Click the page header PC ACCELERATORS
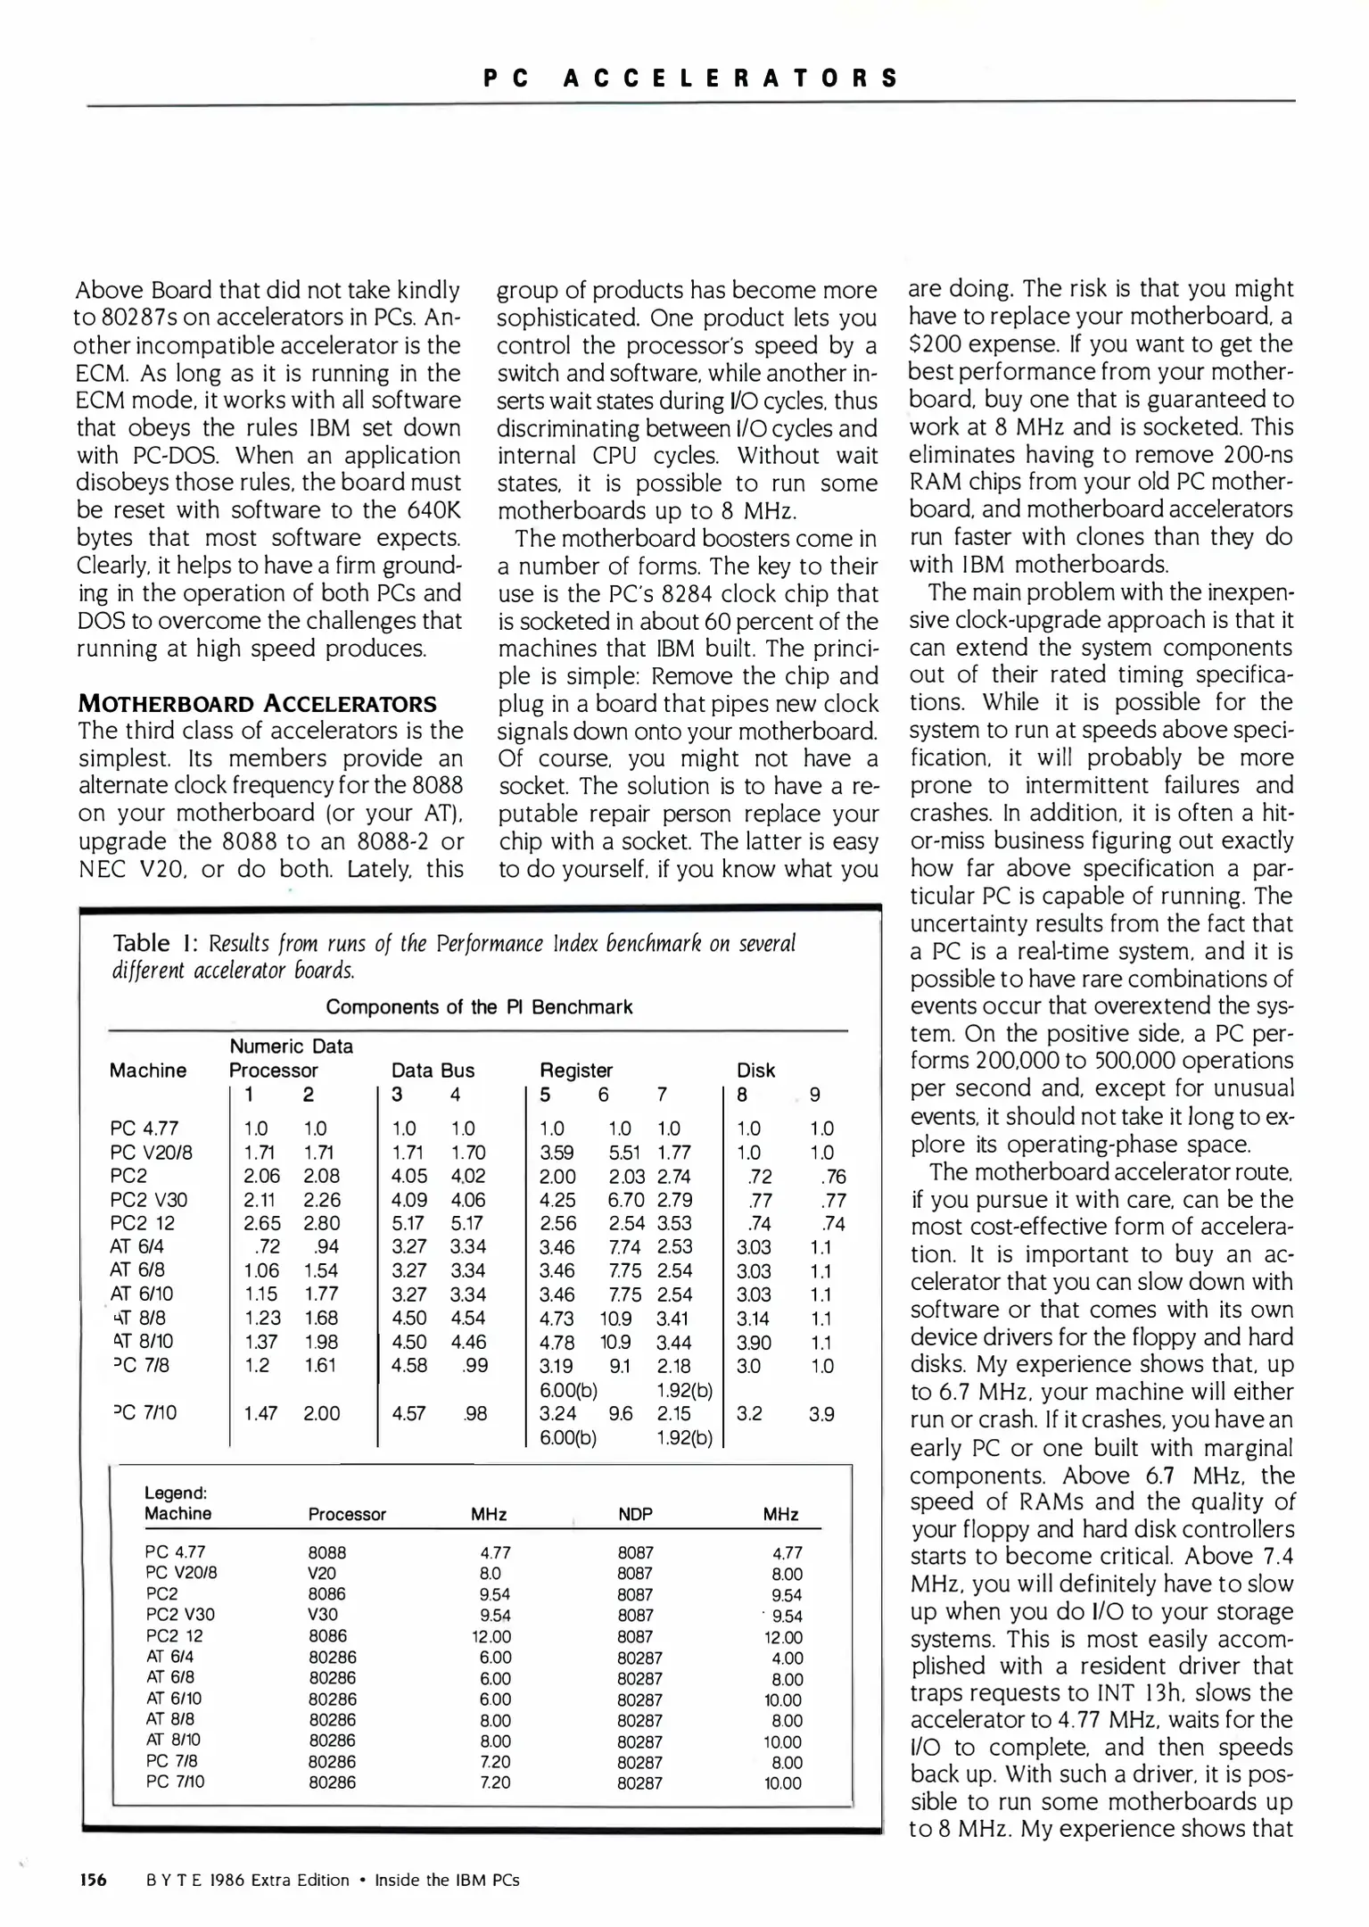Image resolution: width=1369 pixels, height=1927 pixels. point(690,78)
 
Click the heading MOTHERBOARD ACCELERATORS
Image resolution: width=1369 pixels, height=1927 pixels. point(257,704)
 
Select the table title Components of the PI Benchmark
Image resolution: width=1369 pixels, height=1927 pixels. point(479,1007)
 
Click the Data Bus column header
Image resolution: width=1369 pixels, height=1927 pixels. point(433,1071)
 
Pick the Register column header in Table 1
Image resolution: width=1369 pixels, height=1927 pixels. point(576,1071)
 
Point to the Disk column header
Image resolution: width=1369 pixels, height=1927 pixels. point(755,1071)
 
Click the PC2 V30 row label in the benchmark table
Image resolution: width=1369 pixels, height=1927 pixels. point(148,1200)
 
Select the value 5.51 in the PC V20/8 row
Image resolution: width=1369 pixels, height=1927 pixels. point(624,1153)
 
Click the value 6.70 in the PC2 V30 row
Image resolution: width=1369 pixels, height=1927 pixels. point(624,1200)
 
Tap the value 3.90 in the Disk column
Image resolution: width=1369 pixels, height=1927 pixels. point(754,1342)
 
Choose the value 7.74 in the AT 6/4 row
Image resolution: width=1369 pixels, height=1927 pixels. point(624,1247)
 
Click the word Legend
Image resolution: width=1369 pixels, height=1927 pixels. point(176,1493)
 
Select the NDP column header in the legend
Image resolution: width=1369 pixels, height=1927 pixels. point(635,1515)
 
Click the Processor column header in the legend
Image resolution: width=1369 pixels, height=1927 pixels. point(347,1515)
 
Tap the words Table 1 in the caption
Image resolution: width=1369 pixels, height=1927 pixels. point(153,943)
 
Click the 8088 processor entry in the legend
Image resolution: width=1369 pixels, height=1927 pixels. point(326,1552)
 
